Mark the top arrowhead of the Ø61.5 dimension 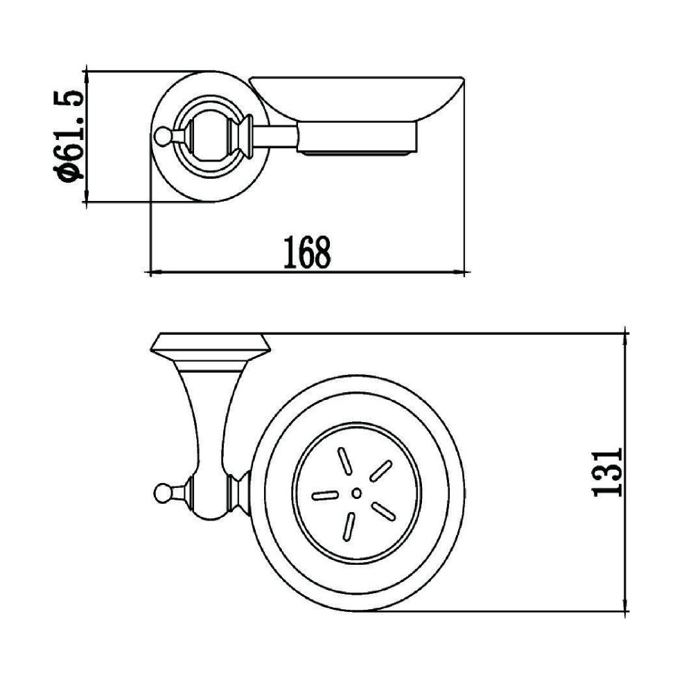point(85,74)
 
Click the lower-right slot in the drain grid point(383,511)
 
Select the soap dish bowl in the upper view point(357,97)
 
